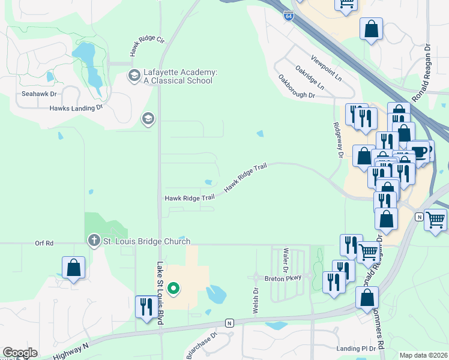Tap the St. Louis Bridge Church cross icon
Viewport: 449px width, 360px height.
[94, 241]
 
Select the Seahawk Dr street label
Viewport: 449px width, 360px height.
[39, 94]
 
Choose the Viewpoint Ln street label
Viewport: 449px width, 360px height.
[326, 68]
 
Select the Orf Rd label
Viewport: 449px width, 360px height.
[44, 243]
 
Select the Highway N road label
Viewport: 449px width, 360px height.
[70, 351]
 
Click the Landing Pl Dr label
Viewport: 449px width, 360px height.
[356, 348]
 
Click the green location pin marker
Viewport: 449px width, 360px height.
[173, 289]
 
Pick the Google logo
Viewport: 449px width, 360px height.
[20, 353]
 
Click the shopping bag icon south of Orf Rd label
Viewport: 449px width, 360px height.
[73, 268]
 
